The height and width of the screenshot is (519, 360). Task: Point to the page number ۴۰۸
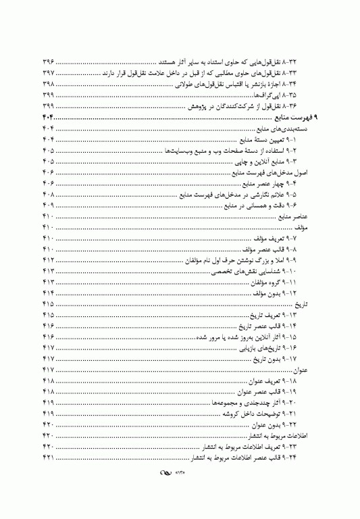pyautogui.click(x=48, y=197)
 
